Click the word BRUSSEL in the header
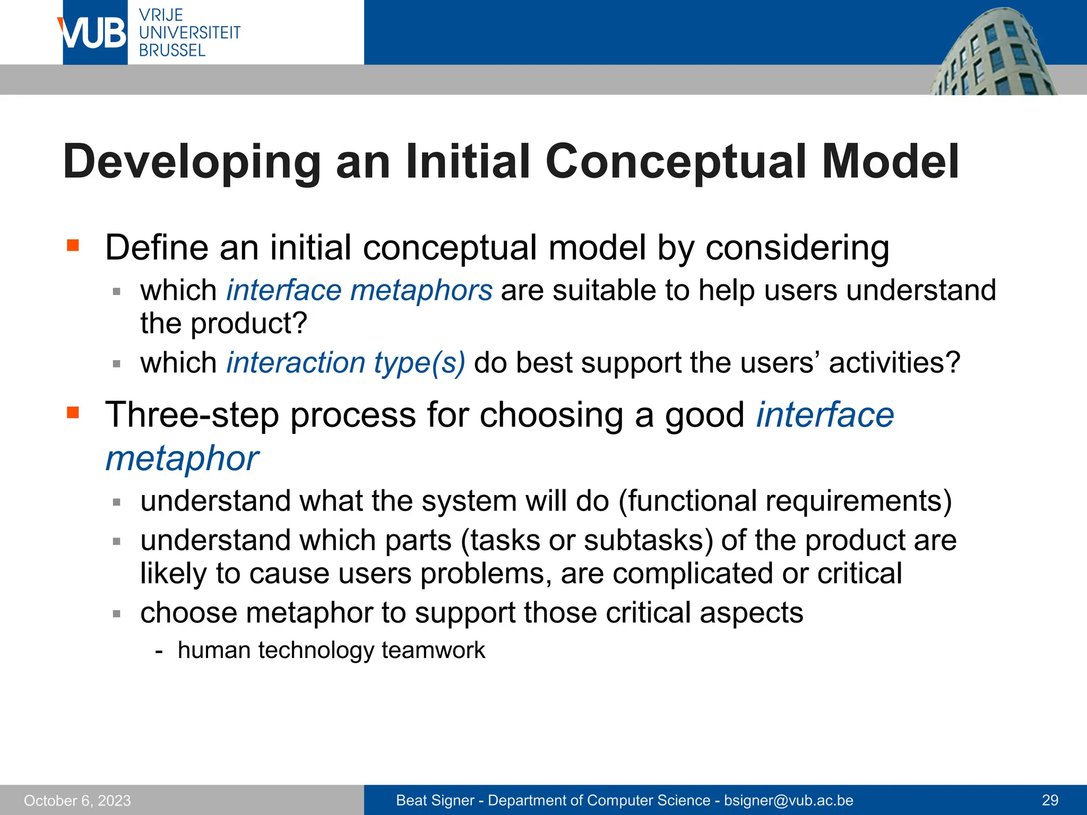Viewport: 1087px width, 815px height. pyautogui.click(x=172, y=51)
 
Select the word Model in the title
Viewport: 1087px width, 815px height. pyautogui.click(x=890, y=162)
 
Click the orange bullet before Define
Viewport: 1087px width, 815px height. pyautogui.click(x=73, y=245)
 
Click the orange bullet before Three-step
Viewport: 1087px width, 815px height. pyautogui.click(x=73, y=412)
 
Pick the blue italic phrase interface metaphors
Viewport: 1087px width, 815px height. pyautogui.click(x=359, y=291)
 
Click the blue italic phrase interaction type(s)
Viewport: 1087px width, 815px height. pyautogui.click(x=346, y=363)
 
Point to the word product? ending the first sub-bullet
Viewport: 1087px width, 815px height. pyautogui.click(x=249, y=324)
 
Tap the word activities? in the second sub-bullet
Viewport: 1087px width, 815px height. pyautogui.click(x=894, y=363)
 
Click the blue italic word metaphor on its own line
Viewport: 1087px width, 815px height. pyautogui.click(x=182, y=458)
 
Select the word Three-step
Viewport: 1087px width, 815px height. pyautogui.click(x=192, y=415)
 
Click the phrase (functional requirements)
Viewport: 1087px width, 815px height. pyautogui.click(x=785, y=501)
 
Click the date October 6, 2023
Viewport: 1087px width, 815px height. pyautogui.click(x=77, y=801)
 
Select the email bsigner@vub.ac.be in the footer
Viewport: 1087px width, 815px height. pyautogui.click(x=789, y=801)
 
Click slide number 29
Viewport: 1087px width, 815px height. pyautogui.click(x=1050, y=801)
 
